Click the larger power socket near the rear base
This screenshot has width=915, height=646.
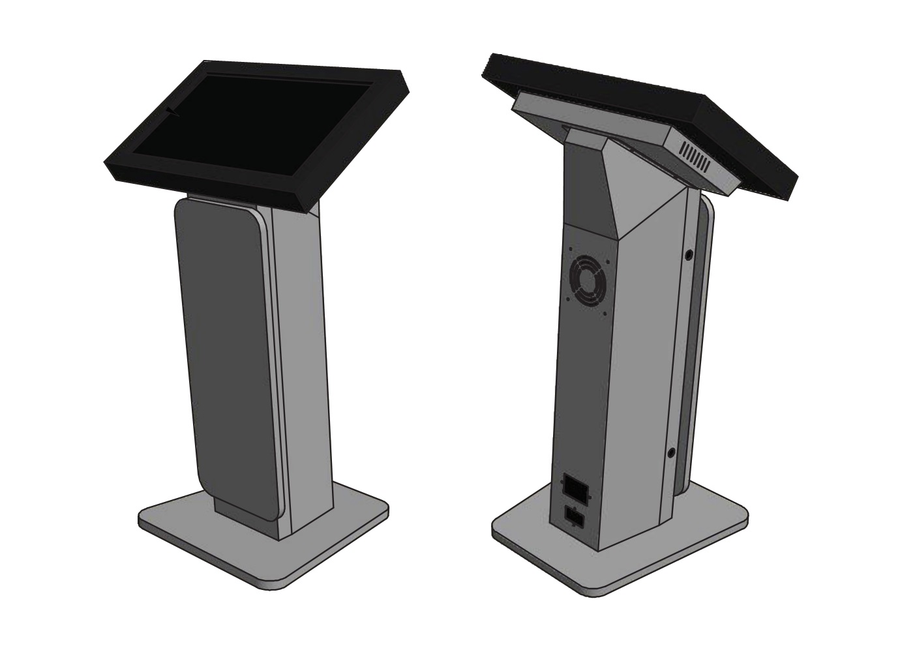[574, 486]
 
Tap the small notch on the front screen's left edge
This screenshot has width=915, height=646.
[171, 112]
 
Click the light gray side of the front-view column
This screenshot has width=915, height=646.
[303, 365]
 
